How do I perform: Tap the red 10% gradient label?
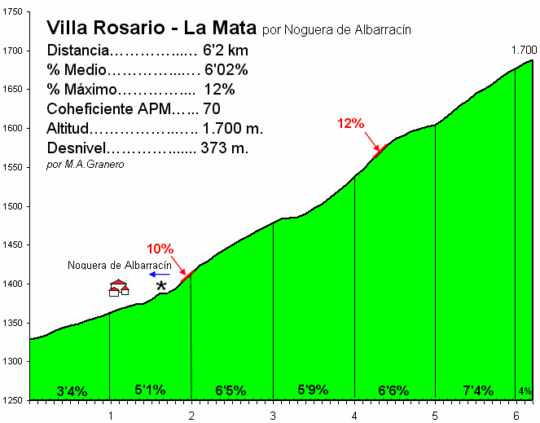point(160,249)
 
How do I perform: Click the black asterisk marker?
point(161,285)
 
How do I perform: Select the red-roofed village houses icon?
point(119,288)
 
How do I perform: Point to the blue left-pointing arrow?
point(159,275)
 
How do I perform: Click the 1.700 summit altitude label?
point(523,51)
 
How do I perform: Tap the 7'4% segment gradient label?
point(477,390)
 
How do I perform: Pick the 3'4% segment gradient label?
point(72,391)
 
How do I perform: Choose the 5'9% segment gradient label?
point(313,390)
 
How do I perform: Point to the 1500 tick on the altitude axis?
point(14,205)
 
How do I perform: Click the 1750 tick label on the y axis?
point(14,11)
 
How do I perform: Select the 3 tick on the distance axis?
point(273,415)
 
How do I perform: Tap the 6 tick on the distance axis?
point(516,415)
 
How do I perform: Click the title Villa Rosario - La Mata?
point(152,28)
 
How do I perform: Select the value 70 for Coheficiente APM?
point(212,108)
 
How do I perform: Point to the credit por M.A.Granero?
point(86,165)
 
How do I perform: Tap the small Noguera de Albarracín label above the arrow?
point(119,265)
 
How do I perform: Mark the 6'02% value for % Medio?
point(226,69)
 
